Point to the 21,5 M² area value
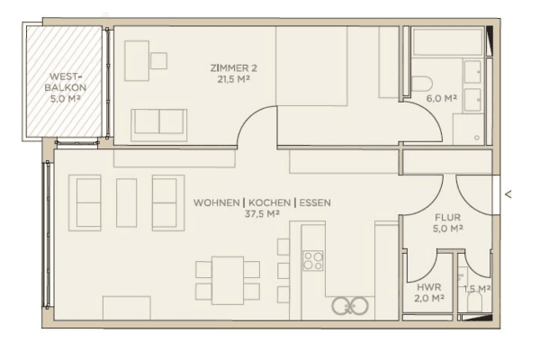click(x=229, y=79)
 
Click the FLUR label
click(x=447, y=216)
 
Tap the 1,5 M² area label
click(x=476, y=288)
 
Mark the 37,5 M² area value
click(x=261, y=216)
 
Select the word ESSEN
click(x=314, y=203)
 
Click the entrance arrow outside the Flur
click(x=508, y=193)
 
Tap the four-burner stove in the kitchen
click(x=313, y=261)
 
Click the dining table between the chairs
click(x=228, y=280)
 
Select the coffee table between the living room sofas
click(x=126, y=202)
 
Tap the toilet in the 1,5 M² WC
click(x=473, y=306)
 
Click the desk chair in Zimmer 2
click(x=158, y=60)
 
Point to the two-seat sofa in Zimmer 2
click(x=159, y=124)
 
